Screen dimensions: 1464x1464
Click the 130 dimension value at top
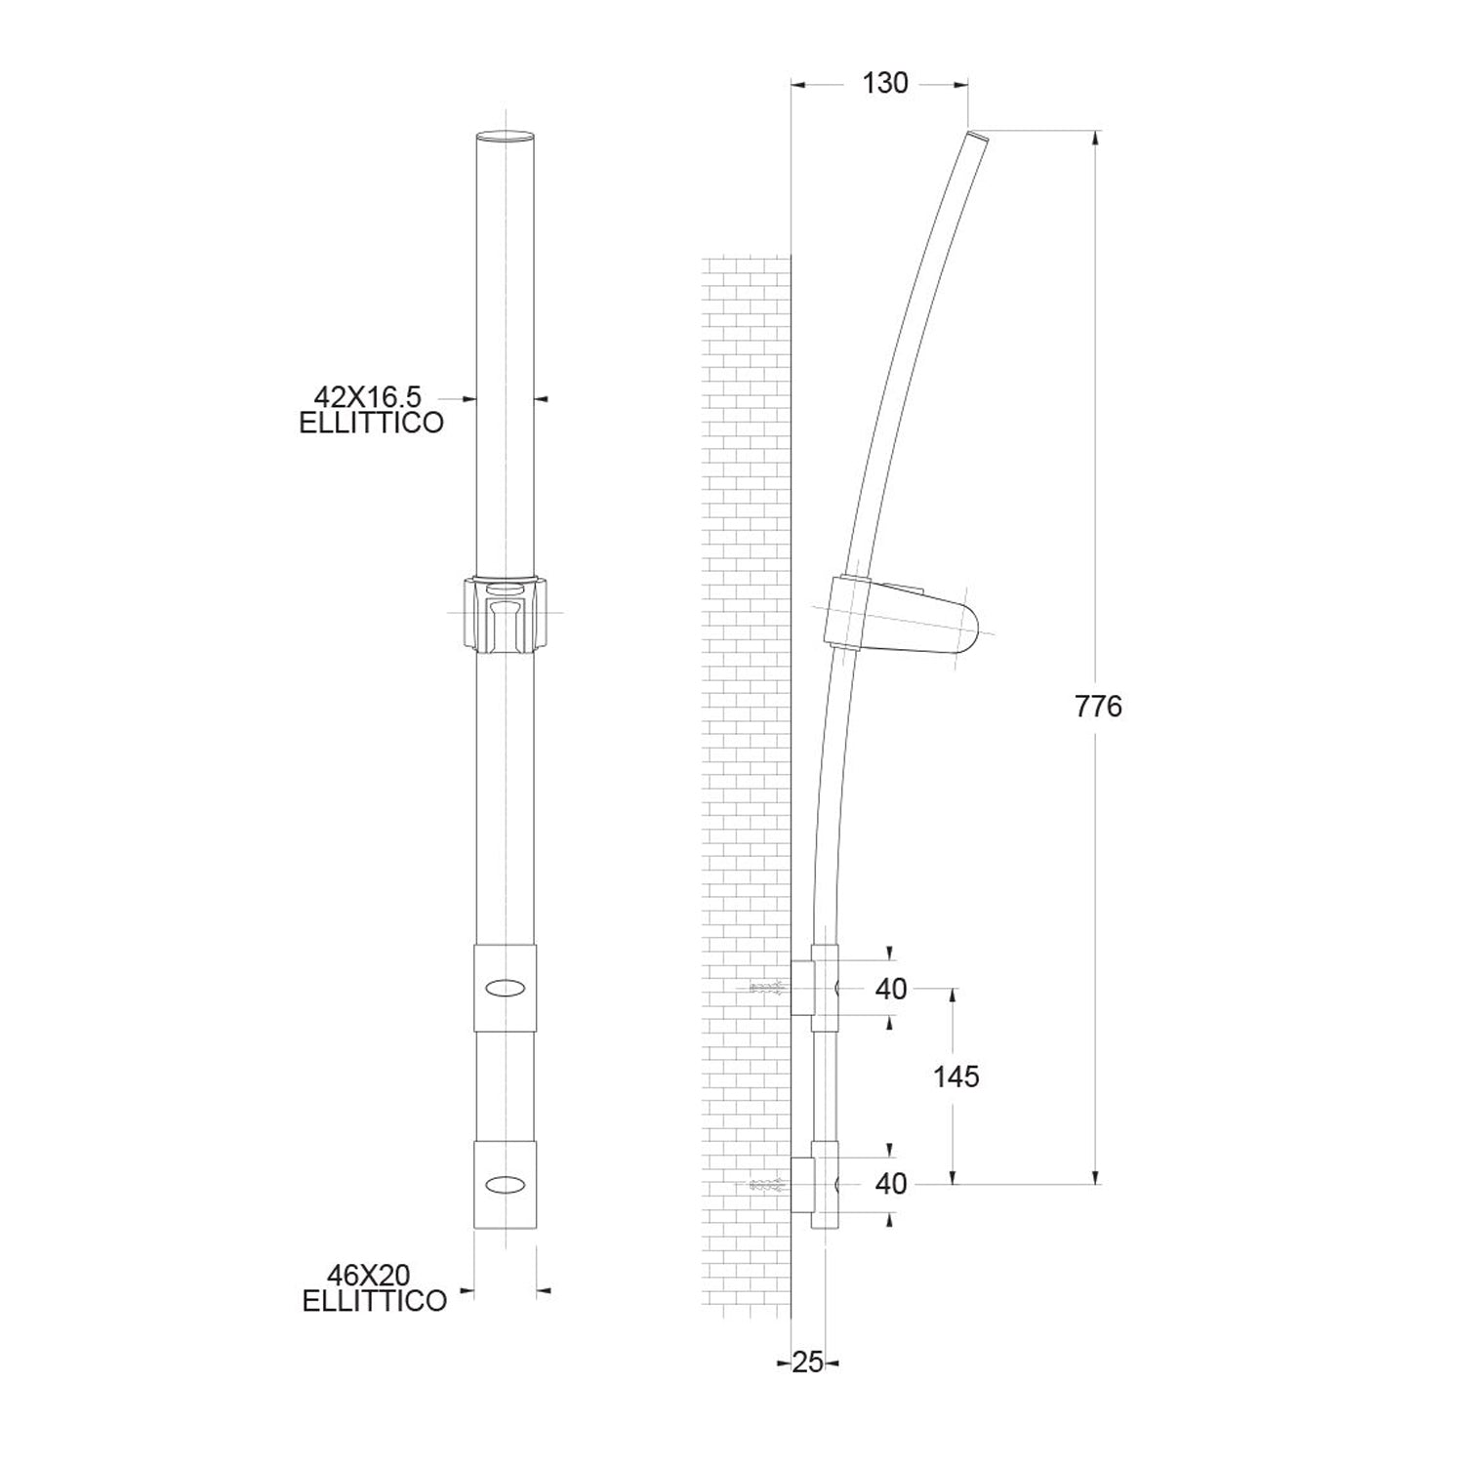[x=885, y=84]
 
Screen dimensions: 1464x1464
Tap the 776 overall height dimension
[x=1098, y=707]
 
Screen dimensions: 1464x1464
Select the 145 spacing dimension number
[x=956, y=1077]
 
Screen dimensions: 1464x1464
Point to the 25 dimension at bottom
[x=808, y=1362]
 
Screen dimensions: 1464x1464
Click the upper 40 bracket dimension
[x=891, y=990]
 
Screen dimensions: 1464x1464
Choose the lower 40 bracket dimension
[x=891, y=1184]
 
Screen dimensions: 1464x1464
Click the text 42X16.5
[x=367, y=397]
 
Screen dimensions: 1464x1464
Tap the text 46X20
[x=369, y=1276]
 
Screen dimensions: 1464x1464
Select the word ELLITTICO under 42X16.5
[x=371, y=424]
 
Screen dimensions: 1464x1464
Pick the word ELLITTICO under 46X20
[x=375, y=1301]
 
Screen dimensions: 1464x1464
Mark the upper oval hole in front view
[x=506, y=988]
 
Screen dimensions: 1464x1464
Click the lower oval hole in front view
[x=506, y=1184]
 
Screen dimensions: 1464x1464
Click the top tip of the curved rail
[x=978, y=138]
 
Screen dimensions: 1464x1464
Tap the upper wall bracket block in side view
[x=802, y=988]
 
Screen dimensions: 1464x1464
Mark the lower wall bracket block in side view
[x=802, y=1184]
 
